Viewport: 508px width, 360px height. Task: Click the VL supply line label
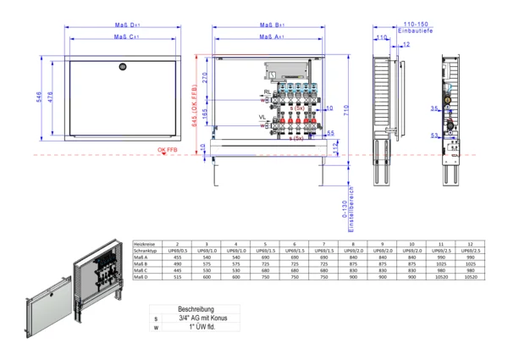tap(262, 117)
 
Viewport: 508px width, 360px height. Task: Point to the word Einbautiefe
tap(417, 32)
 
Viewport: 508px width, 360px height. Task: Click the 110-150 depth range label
tap(417, 25)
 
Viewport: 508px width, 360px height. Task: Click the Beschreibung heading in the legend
tap(195, 310)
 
